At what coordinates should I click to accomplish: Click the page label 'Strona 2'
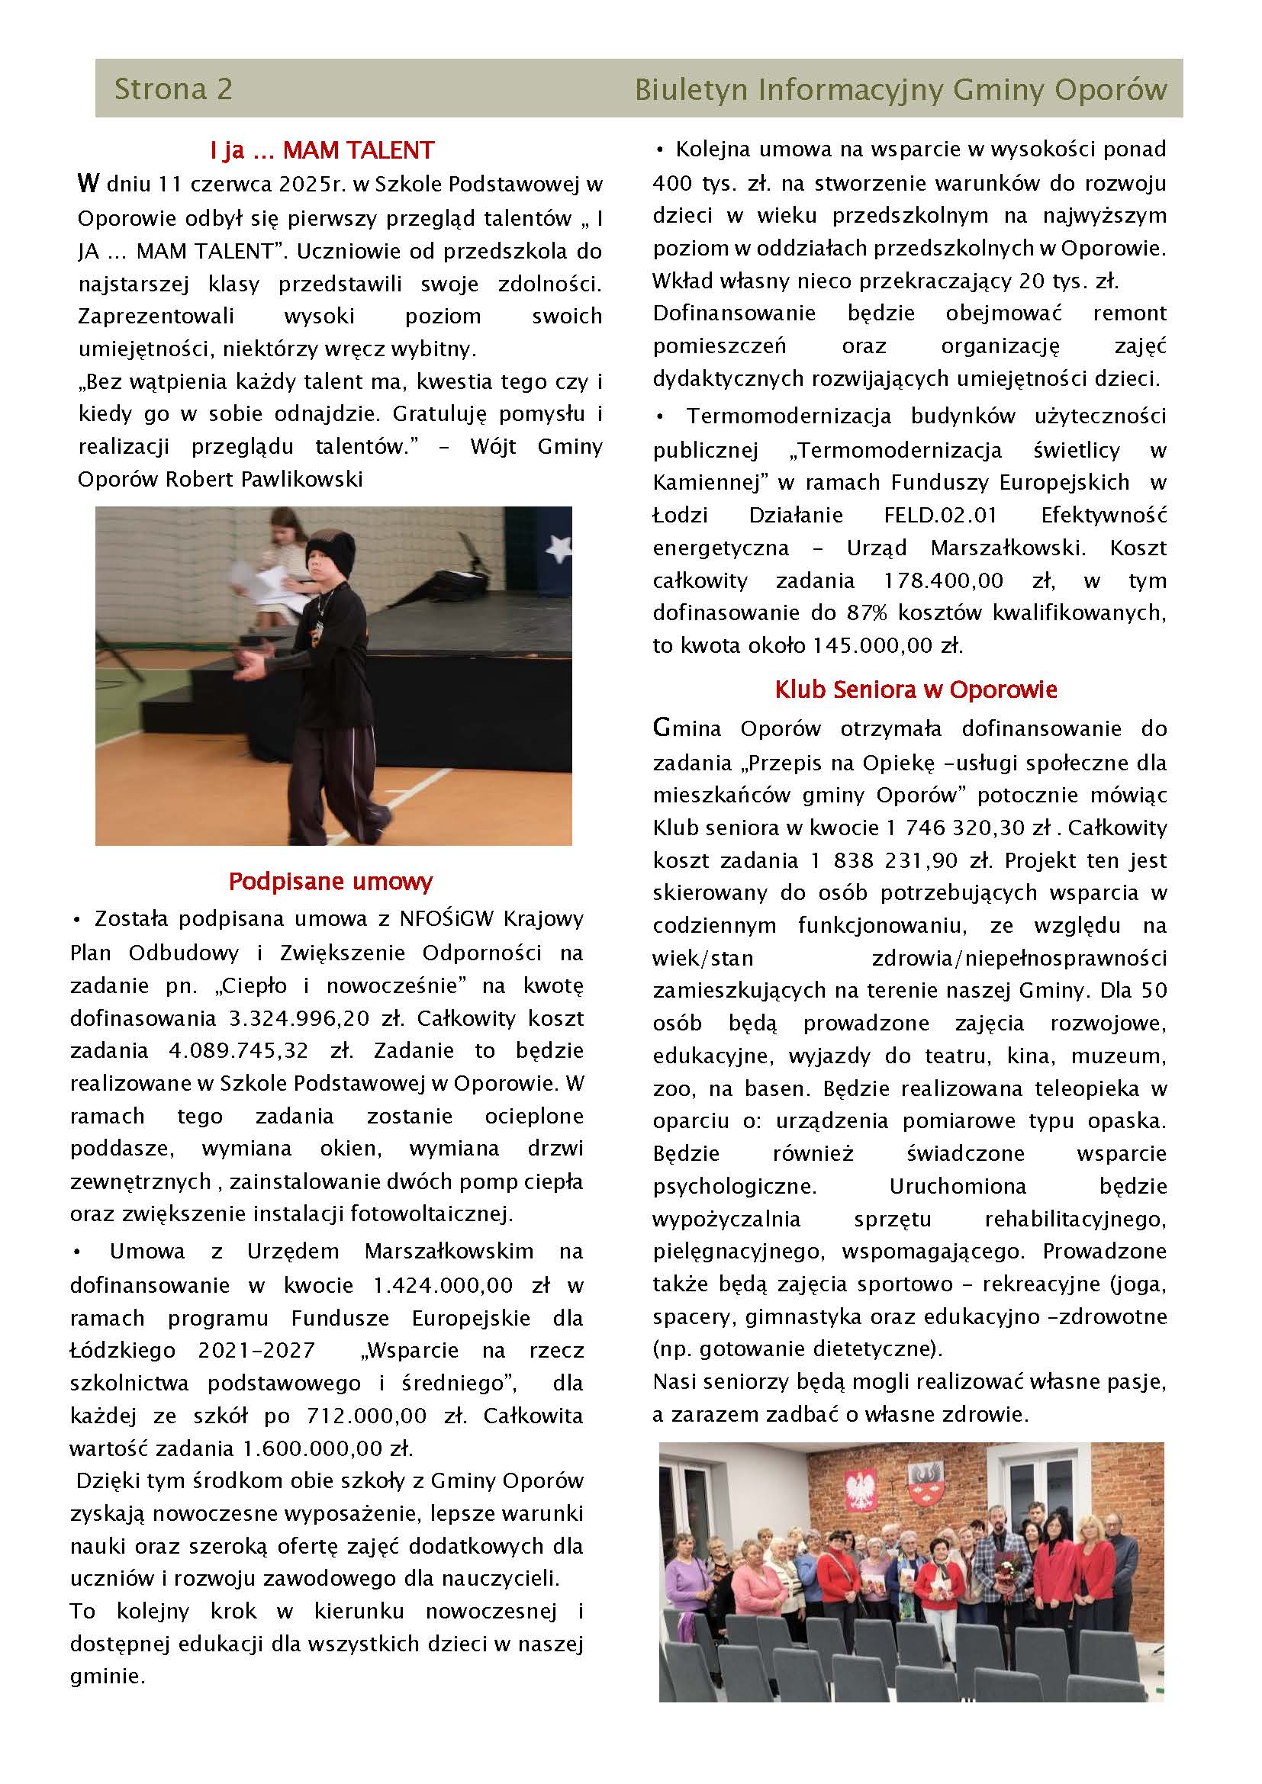pyautogui.click(x=172, y=88)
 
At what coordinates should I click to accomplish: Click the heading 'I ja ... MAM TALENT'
pyautogui.click(x=322, y=149)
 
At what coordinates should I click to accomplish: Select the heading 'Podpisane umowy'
pyautogui.click(x=330, y=881)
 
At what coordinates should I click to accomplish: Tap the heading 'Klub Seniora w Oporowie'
pyautogui.click(x=916, y=689)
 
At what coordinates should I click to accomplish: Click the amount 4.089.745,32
pyautogui.click(x=238, y=1050)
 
